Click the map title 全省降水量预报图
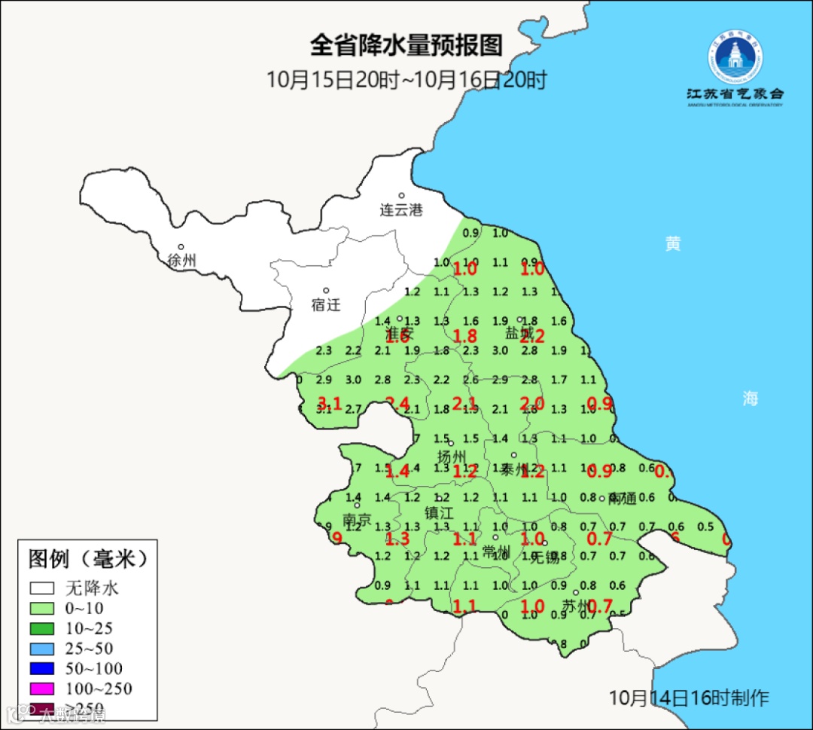pos(406,45)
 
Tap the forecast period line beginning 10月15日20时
pos(406,79)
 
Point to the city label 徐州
pos(182,261)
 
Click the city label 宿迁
pos(326,305)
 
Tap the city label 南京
pos(357,519)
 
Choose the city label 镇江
pos(440,512)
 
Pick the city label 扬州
pos(452,457)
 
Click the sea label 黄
pos(672,243)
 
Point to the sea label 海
pos(750,399)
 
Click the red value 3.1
pos(330,403)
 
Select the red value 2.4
pos(397,403)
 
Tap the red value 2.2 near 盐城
pos(531,336)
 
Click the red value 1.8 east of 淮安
pos(465,336)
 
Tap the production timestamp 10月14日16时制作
pos(689,697)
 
